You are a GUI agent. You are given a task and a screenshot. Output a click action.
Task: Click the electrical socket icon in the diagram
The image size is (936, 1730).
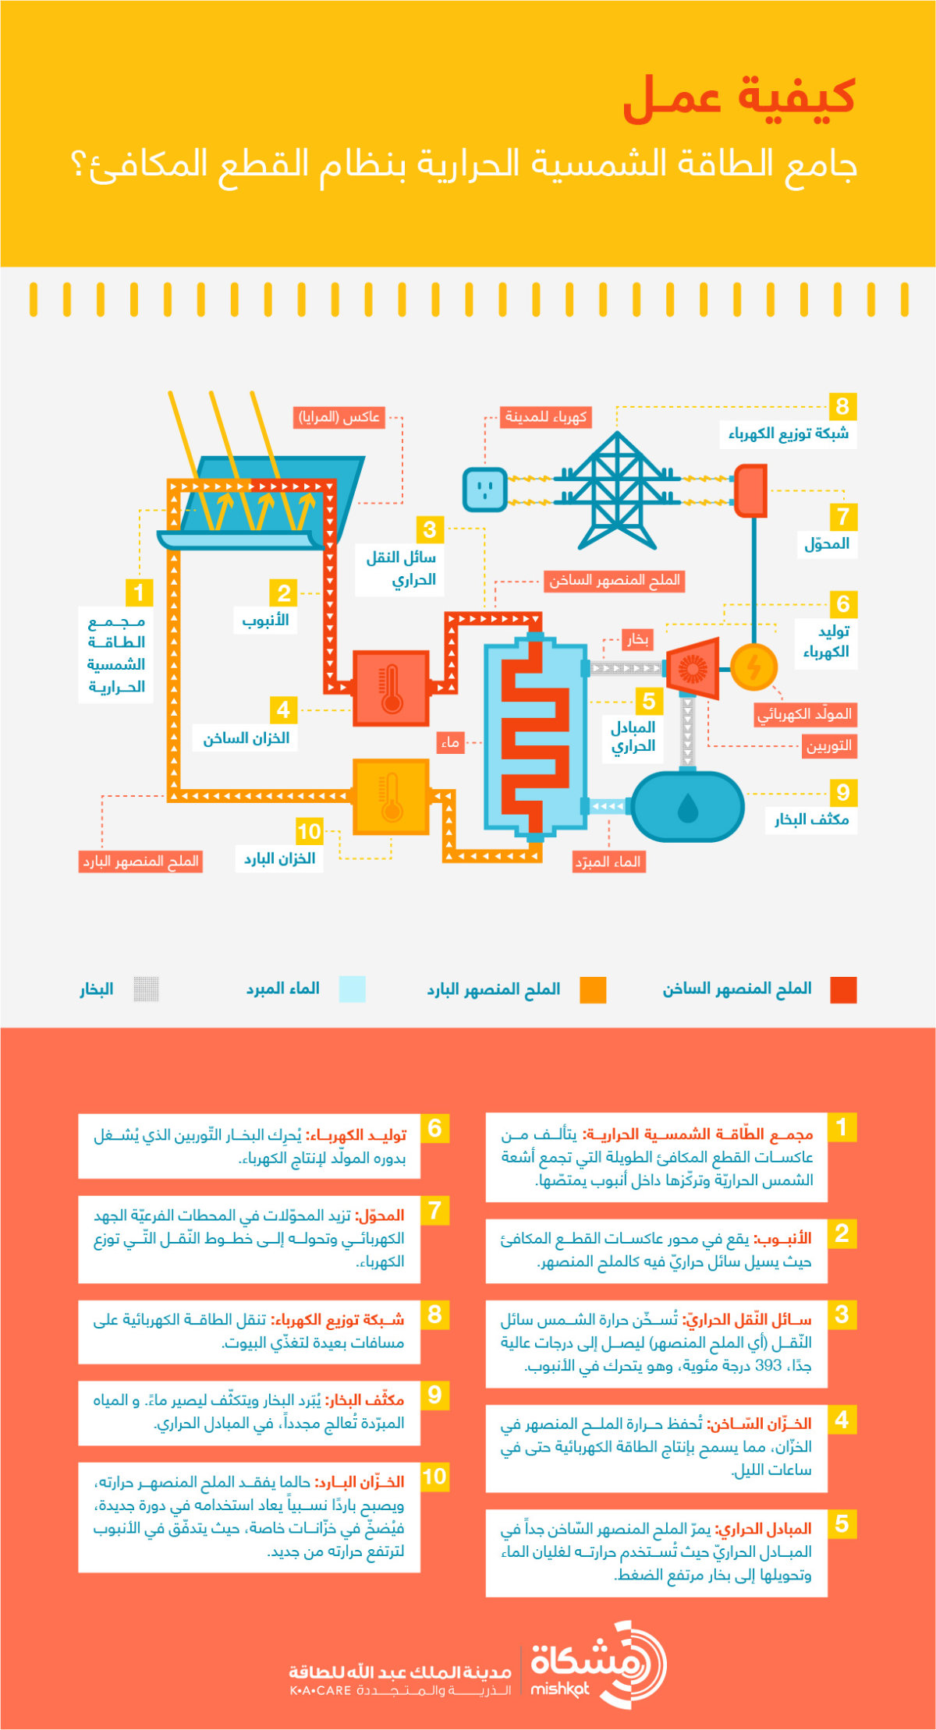(x=485, y=490)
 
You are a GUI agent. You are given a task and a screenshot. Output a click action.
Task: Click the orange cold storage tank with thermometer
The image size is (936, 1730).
(x=391, y=796)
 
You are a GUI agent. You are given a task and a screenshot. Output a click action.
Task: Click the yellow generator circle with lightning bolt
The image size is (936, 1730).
(x=754, y=667)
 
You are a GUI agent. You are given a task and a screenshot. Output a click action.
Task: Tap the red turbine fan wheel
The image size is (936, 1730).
(x=692, y=668)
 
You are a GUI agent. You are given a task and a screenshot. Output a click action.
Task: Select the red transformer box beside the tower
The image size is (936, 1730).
(x=751, y=490)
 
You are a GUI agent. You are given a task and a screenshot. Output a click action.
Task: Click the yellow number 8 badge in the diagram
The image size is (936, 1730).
(x=842, y=405)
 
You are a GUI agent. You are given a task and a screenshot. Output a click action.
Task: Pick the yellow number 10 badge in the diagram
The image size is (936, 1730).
(x=310, y=831)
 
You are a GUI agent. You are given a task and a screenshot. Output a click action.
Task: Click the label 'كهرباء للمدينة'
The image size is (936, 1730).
(x=545, y=417)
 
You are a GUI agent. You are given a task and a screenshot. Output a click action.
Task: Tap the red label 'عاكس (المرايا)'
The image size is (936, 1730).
(x=339, y=417)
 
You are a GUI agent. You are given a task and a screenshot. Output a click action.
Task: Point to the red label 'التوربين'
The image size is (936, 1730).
(x=829, y=746)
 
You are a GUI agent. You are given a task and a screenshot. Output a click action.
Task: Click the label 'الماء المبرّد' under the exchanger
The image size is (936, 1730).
(x=608, y=861)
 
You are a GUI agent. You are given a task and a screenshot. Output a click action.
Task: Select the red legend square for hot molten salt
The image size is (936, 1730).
(x=843, y=989)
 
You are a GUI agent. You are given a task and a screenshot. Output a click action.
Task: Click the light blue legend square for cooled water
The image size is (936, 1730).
(x=353, y=989)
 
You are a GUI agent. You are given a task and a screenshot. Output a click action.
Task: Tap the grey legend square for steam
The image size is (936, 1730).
(x=146, y=989)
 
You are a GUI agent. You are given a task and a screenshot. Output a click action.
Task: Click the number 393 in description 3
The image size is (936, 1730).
(x=768, y=1365)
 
